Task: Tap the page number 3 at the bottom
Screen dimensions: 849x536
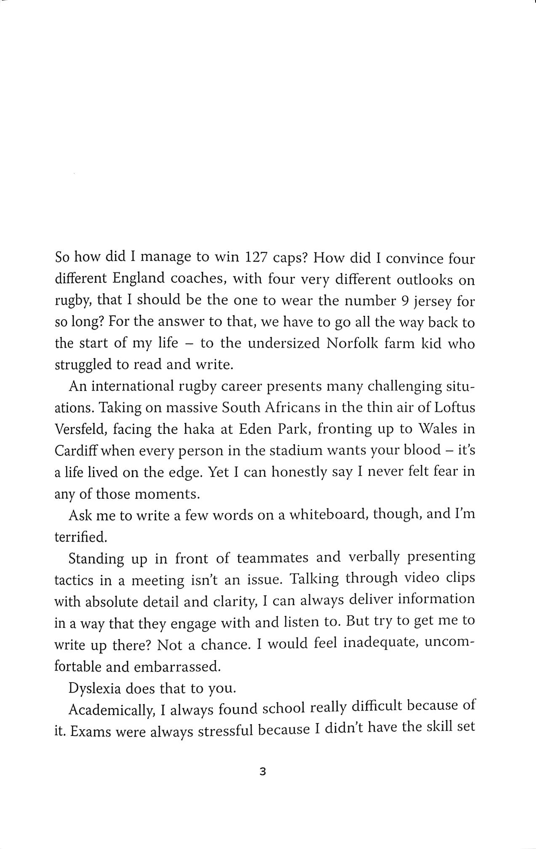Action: [x=263, y=772]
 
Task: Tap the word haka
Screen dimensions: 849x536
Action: [x=199, y=429]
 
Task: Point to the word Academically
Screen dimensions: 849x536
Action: [x=111, y=710]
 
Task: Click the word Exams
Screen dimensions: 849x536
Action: [x=90, y=732]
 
